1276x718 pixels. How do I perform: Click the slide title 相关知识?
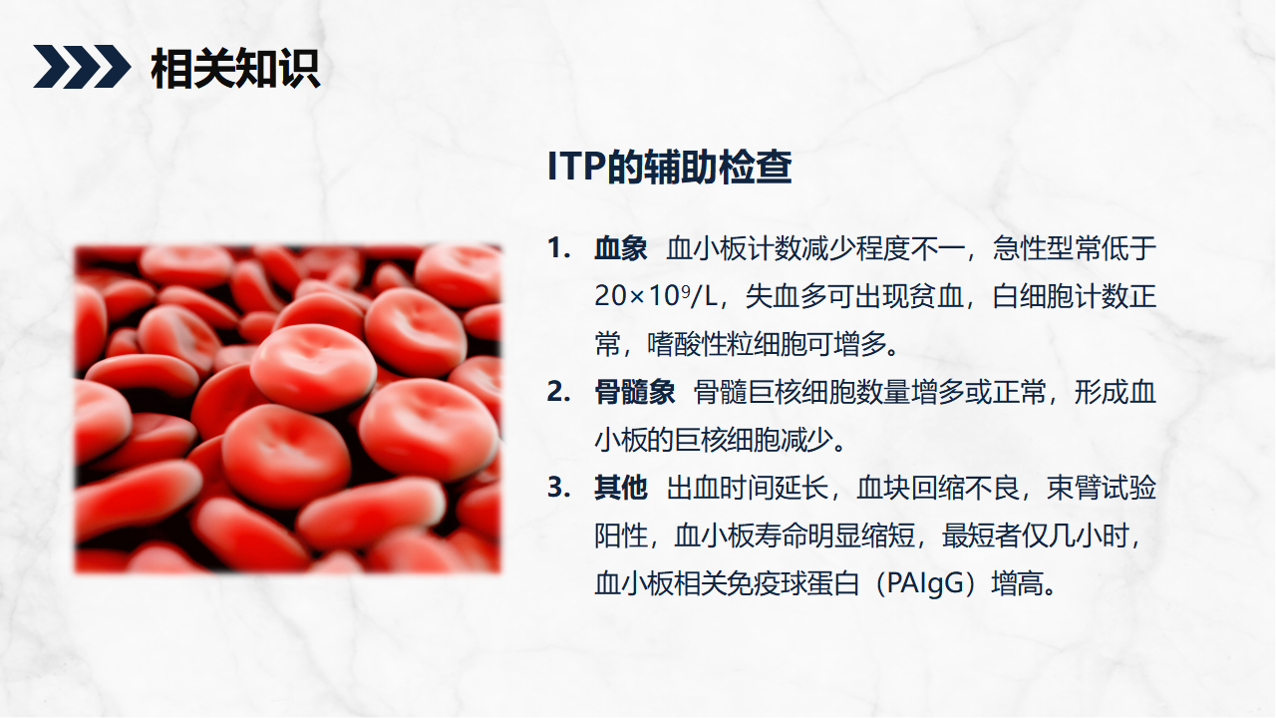pyautogui.click(x=235, y=69)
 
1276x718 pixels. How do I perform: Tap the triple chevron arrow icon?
pyautogui.click(x=82, y=67)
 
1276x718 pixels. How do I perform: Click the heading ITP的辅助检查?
pyautogui.click(x=669, y=167)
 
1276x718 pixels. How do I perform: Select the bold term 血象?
pyautogui.click(x=620, y=248)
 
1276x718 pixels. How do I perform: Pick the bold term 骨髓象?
pyautogui.click(x=634, y=392)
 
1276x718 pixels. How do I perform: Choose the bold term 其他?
pyautogui.click(x=620, y=488)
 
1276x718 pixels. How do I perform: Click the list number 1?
pyautogui.click(x=558, y=248)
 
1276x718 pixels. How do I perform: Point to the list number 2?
pyautogui.click(x=558, y=392)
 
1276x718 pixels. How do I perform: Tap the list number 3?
pyautogui.click(x=558, y=488)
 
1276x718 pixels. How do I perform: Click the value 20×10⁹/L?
pyautogui.click(x=656, y=296)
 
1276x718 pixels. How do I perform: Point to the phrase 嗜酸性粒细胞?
pyautogui.click(x=727, y=344)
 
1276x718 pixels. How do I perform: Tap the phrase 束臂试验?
pyautogui.click(x=1102, y=488)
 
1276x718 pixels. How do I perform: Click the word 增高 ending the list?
pyautogui.click(x=1018, y=583)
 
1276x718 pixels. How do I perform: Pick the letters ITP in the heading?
pyautogui.click(x=576, y=167)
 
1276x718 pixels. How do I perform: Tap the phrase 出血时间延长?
pyautogui.click(x=747, y=488)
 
